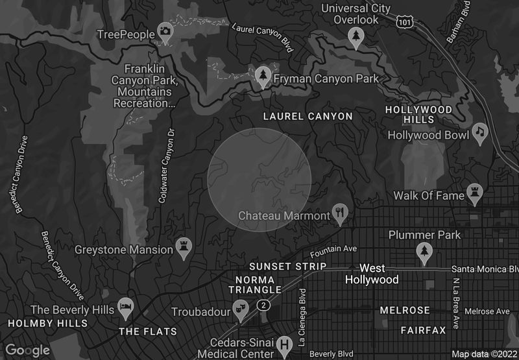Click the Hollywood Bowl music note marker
[x=479, y=132]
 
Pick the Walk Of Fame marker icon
[x=475, y=193]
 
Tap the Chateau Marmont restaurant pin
[x=340, y=212]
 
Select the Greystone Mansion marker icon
[x=184, y=247]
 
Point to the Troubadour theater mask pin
[x=241, y=309]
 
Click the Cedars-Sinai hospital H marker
[x=284, y=344]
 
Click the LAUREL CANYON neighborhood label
[x=308, y=117]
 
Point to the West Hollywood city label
[x=372, y=274]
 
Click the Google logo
[x=28, y=350]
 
